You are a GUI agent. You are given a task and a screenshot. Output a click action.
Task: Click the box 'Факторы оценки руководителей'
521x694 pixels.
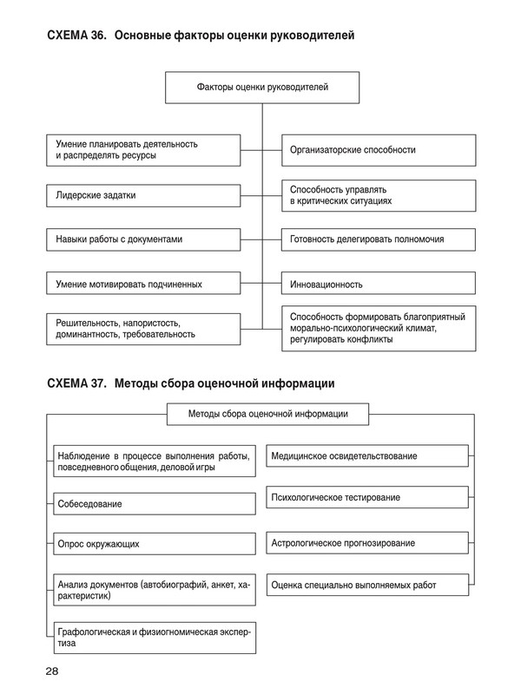click(x=262, y=87)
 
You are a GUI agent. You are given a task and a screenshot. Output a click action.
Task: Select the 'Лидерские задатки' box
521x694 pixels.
click(x=143, y=196)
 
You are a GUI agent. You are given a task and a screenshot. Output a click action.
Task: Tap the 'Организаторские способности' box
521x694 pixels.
click(x=378, y=150)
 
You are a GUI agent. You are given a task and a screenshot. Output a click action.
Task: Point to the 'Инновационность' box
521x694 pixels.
click(x=378, y=284)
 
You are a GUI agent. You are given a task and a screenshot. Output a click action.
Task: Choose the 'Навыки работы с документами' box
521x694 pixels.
click(x=143, y=239)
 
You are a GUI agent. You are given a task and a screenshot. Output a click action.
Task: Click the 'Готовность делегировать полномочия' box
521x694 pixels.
click(x=378, y=239)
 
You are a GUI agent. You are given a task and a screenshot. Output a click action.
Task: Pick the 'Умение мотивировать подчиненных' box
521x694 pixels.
click(x=143, y=284)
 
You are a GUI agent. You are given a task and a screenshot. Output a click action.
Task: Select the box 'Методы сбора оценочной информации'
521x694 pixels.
click(x=267, y=414)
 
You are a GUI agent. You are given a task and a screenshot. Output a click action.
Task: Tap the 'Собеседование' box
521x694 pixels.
click(x=153, y=503)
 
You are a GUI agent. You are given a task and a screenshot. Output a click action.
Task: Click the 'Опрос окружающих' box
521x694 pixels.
click(x=153, y=544)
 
